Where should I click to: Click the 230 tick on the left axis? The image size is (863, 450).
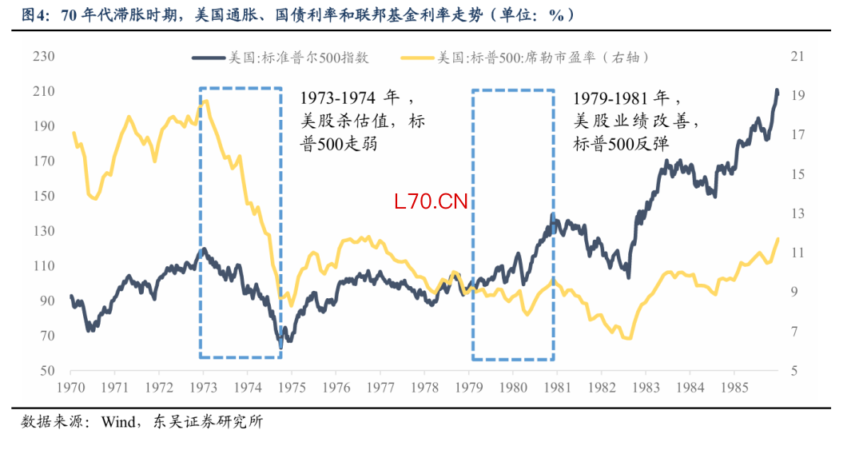click(42, 57)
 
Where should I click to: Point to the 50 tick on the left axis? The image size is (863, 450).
click(46, 371)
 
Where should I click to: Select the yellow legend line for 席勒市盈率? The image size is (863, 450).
click(416, 58)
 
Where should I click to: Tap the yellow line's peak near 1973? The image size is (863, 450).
click(206, 101)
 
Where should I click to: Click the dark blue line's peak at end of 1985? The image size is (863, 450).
click(777, 90)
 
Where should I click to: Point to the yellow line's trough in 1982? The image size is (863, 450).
click(628, 338)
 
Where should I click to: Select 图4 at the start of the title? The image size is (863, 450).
click(34, 14)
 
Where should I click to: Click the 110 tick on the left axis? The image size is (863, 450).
click(42, 266)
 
